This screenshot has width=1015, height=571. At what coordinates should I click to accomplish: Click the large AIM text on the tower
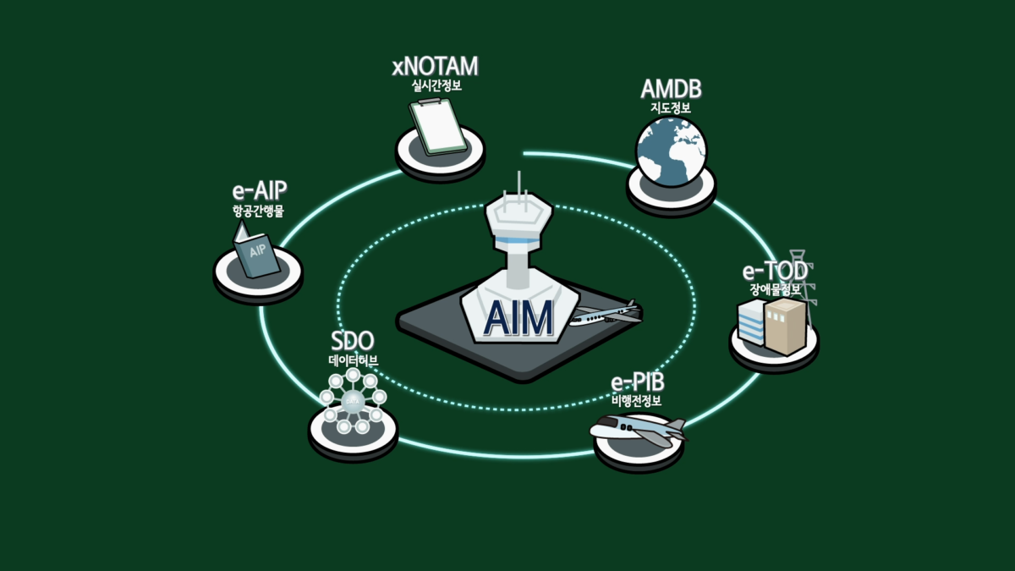pyautogui.click(x=518, y=318)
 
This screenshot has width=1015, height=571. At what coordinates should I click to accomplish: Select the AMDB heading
pyautogui.click(x=671, y=91)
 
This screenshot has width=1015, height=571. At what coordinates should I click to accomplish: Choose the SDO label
pyautogui.click(x=351, y=343)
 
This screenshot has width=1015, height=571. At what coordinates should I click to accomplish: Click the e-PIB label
pyautogui.click(x=637, y=383)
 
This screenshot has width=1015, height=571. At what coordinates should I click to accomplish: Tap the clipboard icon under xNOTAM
pyautogui.click(x=438, y=128)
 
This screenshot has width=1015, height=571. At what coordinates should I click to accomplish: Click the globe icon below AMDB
pyautogui.click(x=671, y=151)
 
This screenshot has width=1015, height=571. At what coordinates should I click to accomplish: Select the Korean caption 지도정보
pyautogui.click(x=671, y=108)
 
